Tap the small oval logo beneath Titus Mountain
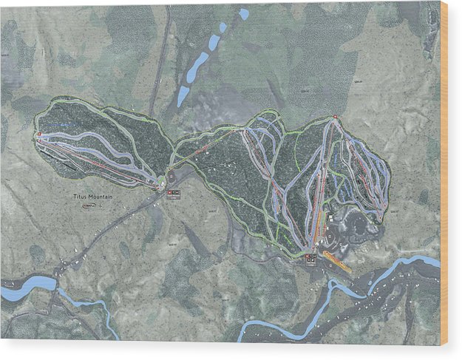89,207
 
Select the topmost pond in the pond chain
244,13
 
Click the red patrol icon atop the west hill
38,134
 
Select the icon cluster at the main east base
310,258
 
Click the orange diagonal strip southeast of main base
337,262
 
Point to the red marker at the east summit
335,117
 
